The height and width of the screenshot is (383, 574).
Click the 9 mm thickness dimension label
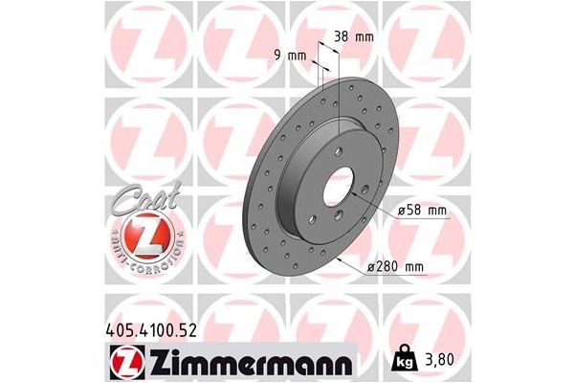[291, 55]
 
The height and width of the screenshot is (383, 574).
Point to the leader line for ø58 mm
[382, 202]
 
